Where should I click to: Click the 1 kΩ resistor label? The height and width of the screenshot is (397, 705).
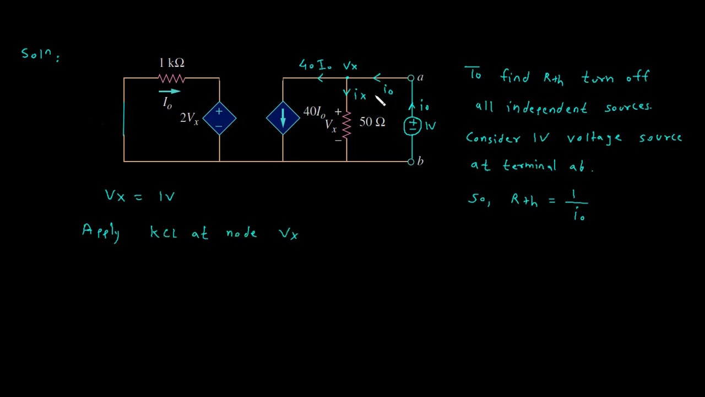[x=171, y=63]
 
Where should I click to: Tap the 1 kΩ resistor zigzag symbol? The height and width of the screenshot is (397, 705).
[x=171, y=78]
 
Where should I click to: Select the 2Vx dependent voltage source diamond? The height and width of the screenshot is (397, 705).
[x=219, y=118]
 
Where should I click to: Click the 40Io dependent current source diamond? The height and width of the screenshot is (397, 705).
[x=283, y=118]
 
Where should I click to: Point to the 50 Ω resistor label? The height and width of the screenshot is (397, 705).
[x=372, y=122]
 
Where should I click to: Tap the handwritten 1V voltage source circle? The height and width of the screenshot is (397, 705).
[x=412, y=126]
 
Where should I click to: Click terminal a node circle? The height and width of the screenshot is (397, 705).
[x=411, y=78]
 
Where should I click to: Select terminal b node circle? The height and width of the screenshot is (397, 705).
[x=411, y=162]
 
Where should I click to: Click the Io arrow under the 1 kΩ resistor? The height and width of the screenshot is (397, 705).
[x=169, y=92]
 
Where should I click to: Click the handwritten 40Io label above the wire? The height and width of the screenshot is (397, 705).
[x=315, y=65]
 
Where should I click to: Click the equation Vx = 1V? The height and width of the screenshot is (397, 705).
[x=140, y=196]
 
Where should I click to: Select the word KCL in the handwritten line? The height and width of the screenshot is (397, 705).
[x=164, y=233]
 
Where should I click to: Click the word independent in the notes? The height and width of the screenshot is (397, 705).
[x=546, y=108]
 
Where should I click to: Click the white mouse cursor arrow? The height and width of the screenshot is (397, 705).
[x=381, y=100]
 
